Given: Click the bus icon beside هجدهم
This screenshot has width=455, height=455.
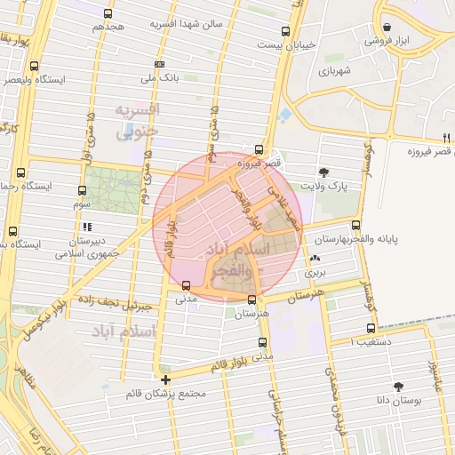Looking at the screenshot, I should click(108, 14).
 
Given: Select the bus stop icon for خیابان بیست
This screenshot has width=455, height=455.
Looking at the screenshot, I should click(284, 29).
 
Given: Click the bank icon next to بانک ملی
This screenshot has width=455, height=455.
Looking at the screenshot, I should click(159, 64).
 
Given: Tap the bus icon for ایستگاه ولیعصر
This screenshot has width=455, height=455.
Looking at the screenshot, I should click(34, 66).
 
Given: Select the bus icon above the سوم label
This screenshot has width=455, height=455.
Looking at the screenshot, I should click(82, 190).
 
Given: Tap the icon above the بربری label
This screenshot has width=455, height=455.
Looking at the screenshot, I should click(315, 259).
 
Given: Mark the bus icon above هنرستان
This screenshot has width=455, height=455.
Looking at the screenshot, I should click(252, 299).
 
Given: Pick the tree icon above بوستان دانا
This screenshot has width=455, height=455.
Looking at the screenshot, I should click(397, 387).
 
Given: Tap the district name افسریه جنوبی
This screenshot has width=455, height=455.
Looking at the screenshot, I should click(137, 119).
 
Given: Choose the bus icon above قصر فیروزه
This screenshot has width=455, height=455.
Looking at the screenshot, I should click(259, 149).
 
